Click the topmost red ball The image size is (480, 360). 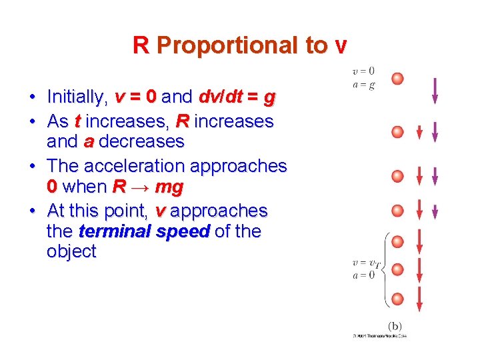397,79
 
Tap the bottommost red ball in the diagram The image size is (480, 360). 397,299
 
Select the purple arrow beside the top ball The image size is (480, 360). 435,91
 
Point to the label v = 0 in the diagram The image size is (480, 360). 363,71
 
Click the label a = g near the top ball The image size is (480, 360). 363,84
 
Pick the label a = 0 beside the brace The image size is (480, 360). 363,275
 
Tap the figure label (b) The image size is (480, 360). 394,325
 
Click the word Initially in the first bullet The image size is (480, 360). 77,98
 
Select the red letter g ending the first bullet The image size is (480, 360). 269,98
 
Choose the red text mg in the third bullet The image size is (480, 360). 169,187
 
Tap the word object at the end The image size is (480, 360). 71,252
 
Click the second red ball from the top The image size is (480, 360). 397,132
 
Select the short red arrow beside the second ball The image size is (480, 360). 419,133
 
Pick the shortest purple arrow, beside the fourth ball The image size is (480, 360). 435,213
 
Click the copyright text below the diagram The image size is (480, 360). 379,335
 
